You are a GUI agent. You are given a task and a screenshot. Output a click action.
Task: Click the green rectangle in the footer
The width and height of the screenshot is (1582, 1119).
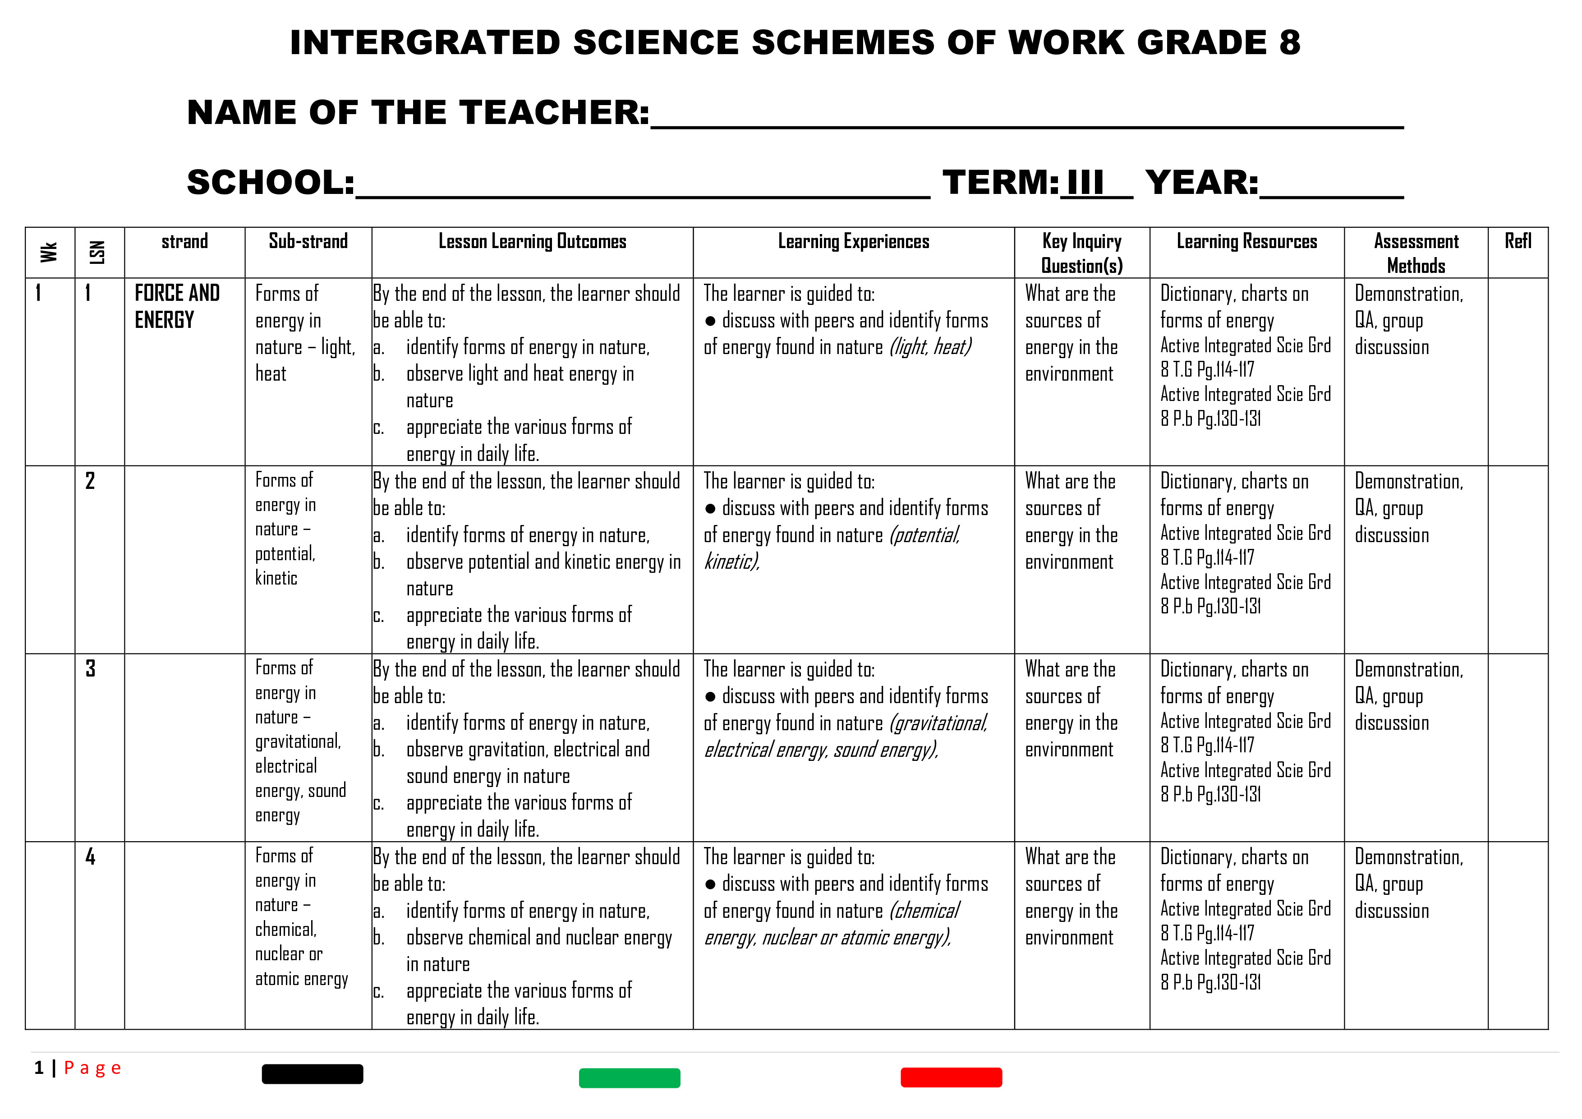point(629,1078)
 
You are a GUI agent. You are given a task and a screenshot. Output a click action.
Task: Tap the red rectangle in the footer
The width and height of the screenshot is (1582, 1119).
point(951,1077)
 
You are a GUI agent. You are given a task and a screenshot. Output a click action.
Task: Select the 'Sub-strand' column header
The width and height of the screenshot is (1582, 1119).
point(308,241)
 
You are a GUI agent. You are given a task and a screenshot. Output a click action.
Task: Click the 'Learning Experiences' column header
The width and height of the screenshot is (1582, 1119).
point(853,241)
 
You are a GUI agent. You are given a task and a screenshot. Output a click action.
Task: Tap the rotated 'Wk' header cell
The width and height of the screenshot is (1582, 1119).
point(49,252)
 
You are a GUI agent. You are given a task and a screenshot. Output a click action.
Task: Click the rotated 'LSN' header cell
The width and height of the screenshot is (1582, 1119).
point(98,252)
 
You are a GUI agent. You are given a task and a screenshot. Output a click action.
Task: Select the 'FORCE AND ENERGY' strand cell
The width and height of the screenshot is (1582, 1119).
point(177,306)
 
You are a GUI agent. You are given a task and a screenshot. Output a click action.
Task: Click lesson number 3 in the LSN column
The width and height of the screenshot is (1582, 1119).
point(90,668)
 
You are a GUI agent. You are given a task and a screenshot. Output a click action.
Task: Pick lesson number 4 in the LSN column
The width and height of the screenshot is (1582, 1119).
point(90,857)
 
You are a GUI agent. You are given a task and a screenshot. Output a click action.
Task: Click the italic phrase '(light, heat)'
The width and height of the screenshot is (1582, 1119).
point(930,346)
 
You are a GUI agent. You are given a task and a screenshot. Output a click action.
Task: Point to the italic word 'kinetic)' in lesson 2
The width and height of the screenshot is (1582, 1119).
point(731,562)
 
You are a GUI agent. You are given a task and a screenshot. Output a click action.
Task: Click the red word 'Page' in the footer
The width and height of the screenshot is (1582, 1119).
point(92,1068)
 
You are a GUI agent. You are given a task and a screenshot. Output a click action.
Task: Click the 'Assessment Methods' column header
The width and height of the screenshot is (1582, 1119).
point(1416,253)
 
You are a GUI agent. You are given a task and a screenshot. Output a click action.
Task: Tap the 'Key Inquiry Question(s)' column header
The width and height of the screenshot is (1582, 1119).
point(1082,253)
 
